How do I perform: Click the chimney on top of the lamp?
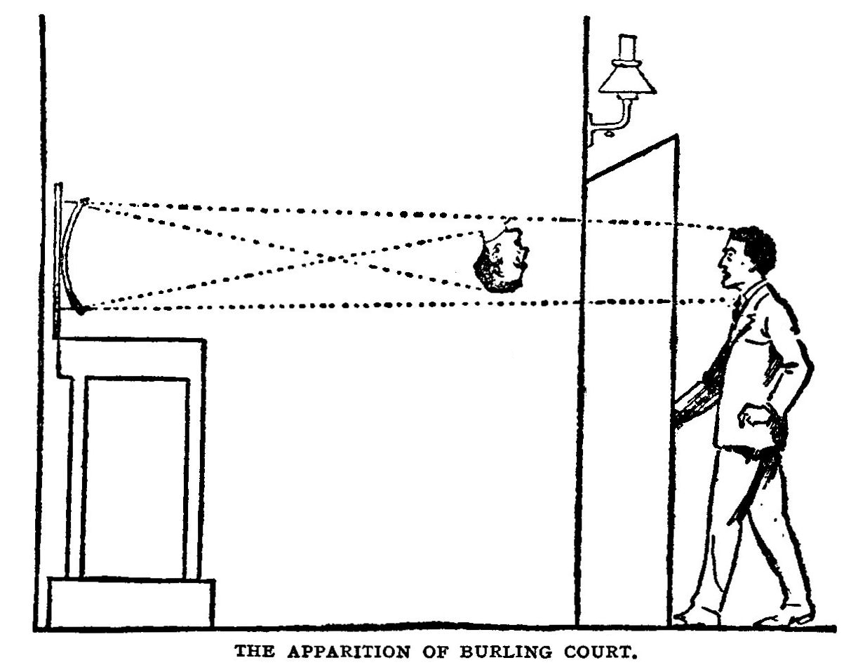point(626,46)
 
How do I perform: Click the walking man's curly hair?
point(756,246)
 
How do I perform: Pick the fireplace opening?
point(135,477)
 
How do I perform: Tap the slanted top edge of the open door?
point(631,156)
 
